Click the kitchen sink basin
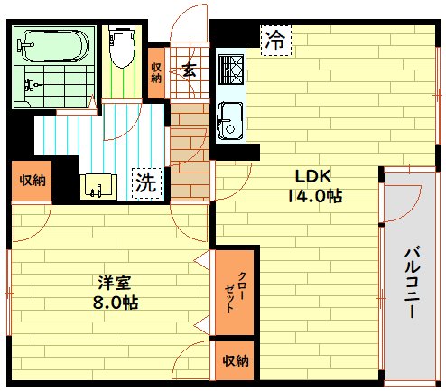tap(229, 117)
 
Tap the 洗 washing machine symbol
tap(145, 182)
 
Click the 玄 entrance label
tap(189, 69)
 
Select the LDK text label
tap(311, 176)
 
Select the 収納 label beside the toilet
tap(156, 71)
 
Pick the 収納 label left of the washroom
tap(33, 180)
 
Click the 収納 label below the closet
tap(236, 361)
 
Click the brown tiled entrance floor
tap(190, 149)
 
